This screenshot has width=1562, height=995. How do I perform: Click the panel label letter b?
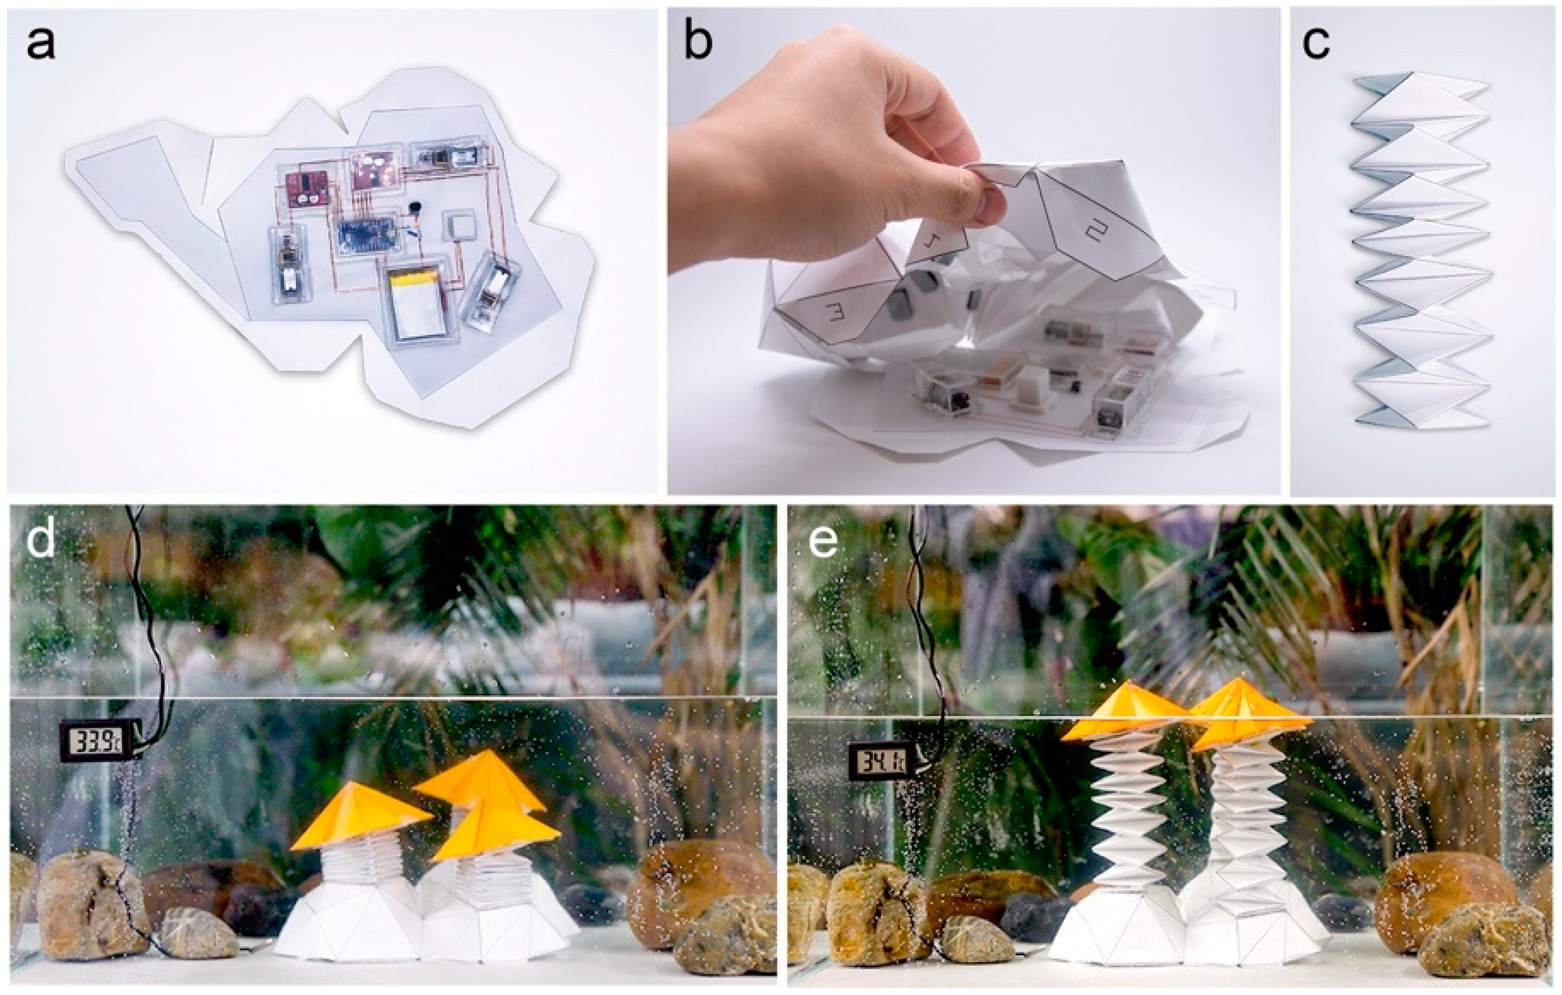point(697,40)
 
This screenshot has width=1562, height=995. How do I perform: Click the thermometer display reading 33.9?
point(97,738)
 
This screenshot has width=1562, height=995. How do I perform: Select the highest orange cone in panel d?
point(480,782)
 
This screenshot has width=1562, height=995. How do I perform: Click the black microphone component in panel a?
point(413,208)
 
